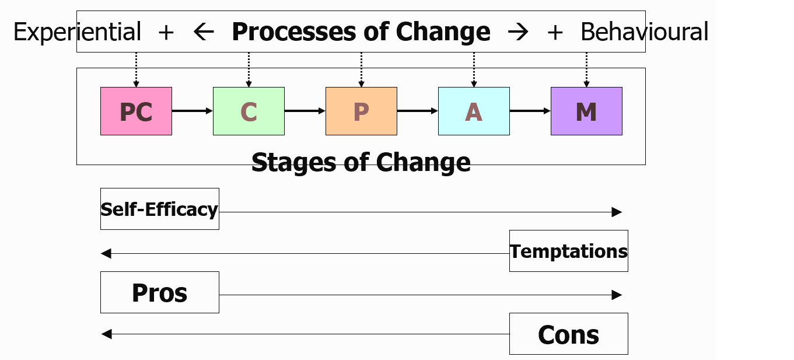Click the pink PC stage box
pyautogui.click(x=136, y=111)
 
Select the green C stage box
pyautogui.click(x=249, y=111)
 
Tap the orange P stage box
pyautogui.click(x=361, y=111)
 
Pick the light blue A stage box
pyautogui.click(x=474, y=111)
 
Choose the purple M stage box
pyautogui.click(x=586, y=111)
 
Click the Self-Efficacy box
pyautogui.click(x=159, y=209)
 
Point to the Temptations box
pyautogui.click(x=569, y=251)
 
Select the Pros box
pyautogui.click(x=159, y=292)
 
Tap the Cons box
pyautogui.click(x=569, y=334)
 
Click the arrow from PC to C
pyautogui.click(x=193, y=111)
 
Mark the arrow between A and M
pyautogui.click(x=530, y=111)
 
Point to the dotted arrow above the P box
pyautogui.click(x=361, y=70)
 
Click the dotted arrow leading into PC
pyautogui.click(x=136, y=70)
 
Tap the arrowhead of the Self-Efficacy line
pyautogui.click(x=617, y=212)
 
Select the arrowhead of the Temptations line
pyautogui.click(x=106, y=254)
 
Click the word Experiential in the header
pyautogui.click(x=77, y=32)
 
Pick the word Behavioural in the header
pyautogui.click(x=644, y=32)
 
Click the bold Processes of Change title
pyautogui.click(x=361, y=32)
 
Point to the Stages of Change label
pyautogui.click(x=361, y=162)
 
